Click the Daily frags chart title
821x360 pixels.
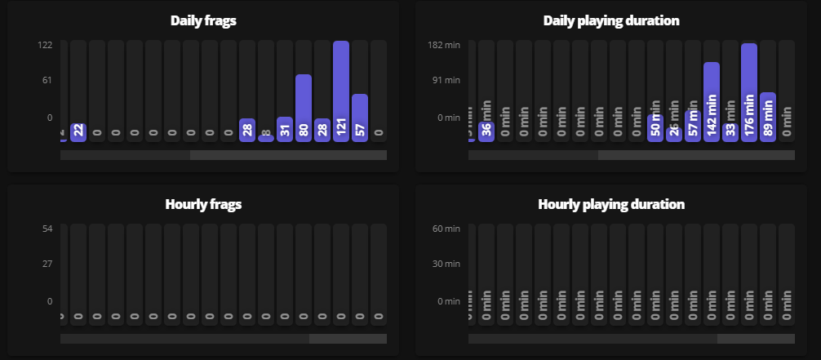click(x=203, y=20)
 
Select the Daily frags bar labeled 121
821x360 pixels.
click(x=341, y=91)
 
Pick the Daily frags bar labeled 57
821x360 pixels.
click(x=360, y=117)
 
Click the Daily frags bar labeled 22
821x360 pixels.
click(x=78, y=131)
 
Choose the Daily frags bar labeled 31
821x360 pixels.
click(x=285, y=129)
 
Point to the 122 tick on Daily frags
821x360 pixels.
click(x=45, y=45)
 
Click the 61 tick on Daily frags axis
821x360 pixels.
click(x=46, y=80)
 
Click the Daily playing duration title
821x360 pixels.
click(x=611, y=20)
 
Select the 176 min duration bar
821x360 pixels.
click(x=749, y=91)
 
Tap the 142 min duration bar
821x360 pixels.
click(x=712, y=101)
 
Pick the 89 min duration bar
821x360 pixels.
click(x=768, y=117)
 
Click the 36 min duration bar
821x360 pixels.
click(x=486, y=131)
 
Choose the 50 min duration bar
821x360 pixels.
click(x=655, y=127)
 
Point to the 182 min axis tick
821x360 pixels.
click(x=444, y=45)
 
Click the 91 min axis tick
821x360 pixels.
click(x=446, y=80)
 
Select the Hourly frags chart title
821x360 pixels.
click(x=203, y=204)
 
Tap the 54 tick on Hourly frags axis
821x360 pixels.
click(x=47, y=229)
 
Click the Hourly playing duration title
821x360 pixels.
click(x=611, y=204)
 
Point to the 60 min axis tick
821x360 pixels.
click(x=446, y=229)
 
